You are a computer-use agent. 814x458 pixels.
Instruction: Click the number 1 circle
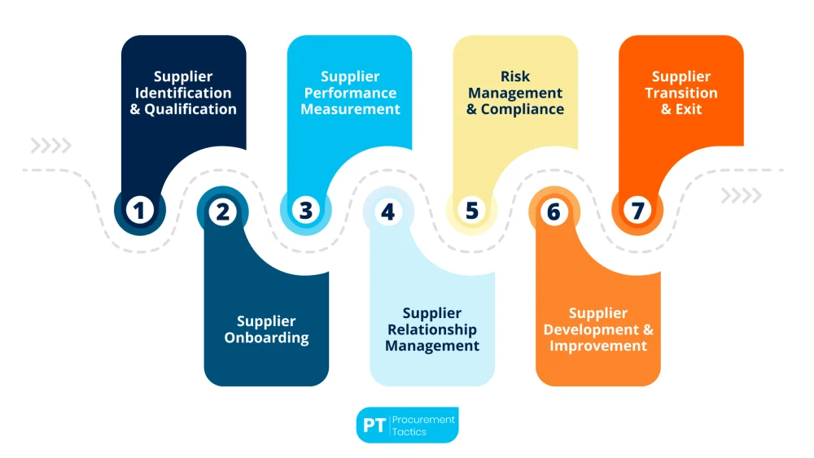click(x=139, y=211)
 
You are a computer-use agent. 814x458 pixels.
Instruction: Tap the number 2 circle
click(x=222, y=212)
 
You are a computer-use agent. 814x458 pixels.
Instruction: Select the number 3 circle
click(x=305, y=211)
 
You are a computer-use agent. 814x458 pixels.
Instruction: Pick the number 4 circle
click(x=388, y=212)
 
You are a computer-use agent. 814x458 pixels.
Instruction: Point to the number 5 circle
click(x=471, y=211)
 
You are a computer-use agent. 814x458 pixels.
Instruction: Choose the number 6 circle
click(x=554, y=212)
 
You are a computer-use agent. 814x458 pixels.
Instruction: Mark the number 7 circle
click(x=637, y=211)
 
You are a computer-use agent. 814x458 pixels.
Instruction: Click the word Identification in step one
click(x=183, y=93)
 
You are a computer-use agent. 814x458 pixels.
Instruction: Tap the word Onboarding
click(x=266, y=338)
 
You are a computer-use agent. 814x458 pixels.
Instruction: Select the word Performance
click(x=350, y=93)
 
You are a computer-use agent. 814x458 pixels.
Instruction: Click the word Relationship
click(x=432, y=330)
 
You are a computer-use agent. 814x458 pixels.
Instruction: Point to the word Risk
click(x=515, y=76)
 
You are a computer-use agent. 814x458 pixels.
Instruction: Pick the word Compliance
click(x=523, y=110)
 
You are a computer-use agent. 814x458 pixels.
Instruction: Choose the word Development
click(x=591, y=330)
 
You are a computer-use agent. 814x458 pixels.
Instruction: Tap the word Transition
click(x=681, y=93)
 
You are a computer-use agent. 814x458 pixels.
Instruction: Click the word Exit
click(x=689, y=109)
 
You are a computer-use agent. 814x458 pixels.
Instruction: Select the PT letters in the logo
click(x=374, y=425)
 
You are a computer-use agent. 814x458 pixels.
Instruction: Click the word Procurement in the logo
click(x=423, y=419)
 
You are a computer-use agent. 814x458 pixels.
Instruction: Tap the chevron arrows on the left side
click(x=50, y=146)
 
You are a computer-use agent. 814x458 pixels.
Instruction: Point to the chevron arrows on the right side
click(x=742, y=195)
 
